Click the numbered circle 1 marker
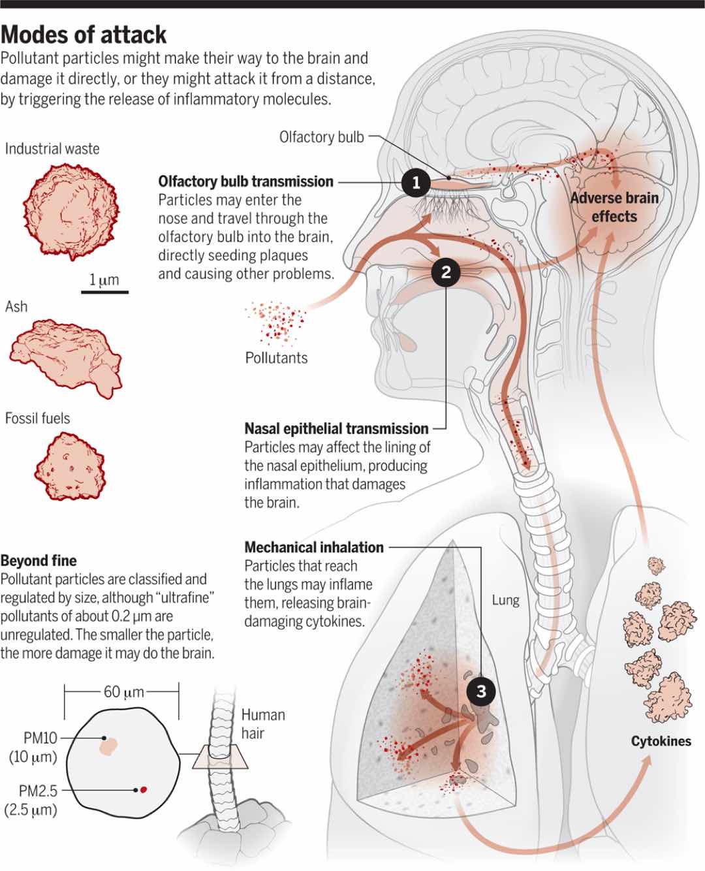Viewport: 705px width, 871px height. pos(416,182)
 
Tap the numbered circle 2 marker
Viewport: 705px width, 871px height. pos(446,272)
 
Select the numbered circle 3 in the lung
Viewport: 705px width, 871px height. pos(481,691)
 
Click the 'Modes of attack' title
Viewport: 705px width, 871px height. pos(84,35)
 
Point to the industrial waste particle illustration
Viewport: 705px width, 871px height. pos(71,211)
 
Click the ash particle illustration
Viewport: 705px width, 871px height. pos(66,358)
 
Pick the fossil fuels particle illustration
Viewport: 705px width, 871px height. pos(70,466)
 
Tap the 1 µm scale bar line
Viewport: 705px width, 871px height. pos(104,292)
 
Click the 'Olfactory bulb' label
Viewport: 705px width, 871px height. pos(322,137)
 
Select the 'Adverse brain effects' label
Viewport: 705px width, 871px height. pos(614,208)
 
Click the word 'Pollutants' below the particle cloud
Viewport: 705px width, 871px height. pos(276,358)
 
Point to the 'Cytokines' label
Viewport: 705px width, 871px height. pos(661,741)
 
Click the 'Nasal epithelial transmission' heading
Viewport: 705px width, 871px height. pos(336,428)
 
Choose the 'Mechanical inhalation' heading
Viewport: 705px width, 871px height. pos(314,547)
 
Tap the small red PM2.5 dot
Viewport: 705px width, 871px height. pos(144,789)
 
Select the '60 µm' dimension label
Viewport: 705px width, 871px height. pos(123,692)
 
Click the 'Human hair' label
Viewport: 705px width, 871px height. pos(263,724)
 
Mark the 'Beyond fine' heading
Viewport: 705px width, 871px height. pos(39,560)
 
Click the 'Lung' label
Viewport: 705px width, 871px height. pos(505,600)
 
